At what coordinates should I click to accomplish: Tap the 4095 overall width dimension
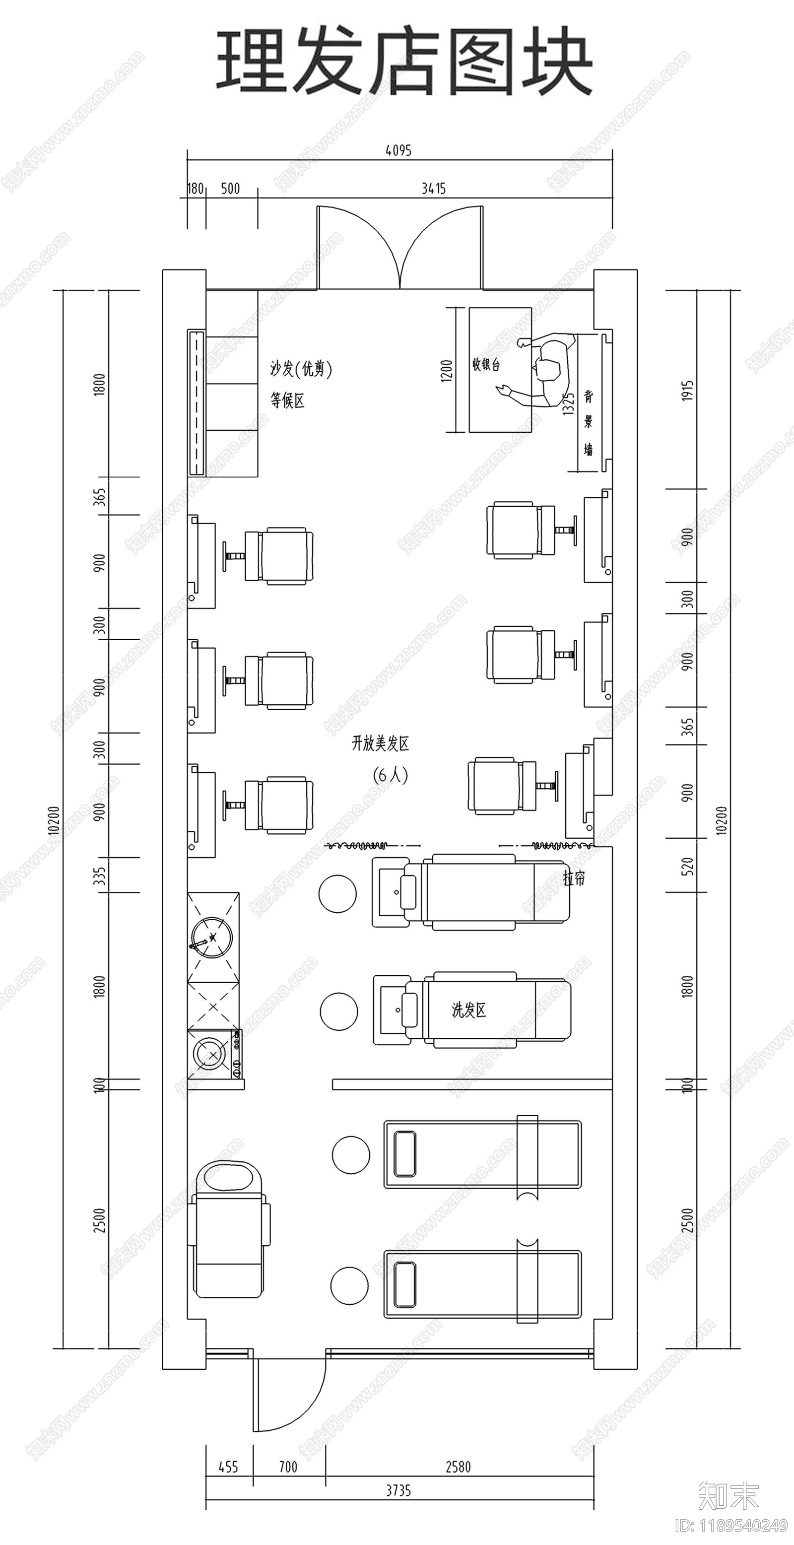tap(398, 150)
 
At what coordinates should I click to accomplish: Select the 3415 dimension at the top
tap(433, 189)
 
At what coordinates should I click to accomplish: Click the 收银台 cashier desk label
tap(486, 364)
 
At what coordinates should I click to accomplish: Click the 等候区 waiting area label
tap(287, 400)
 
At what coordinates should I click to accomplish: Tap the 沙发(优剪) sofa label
tap(300, 368)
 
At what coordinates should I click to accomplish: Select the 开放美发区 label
tap(380, 743)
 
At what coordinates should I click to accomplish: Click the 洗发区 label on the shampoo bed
tap(468, 1010)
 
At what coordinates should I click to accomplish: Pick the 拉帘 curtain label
tap(574, 878)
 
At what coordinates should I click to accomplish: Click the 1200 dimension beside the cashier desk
tap(446, 371)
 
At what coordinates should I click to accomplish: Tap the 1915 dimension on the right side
tap(687, 391)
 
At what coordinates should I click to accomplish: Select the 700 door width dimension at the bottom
tap(288, 1467)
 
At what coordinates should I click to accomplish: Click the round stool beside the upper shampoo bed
tap(337, 894)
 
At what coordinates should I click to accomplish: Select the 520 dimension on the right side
tap(687, 866)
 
